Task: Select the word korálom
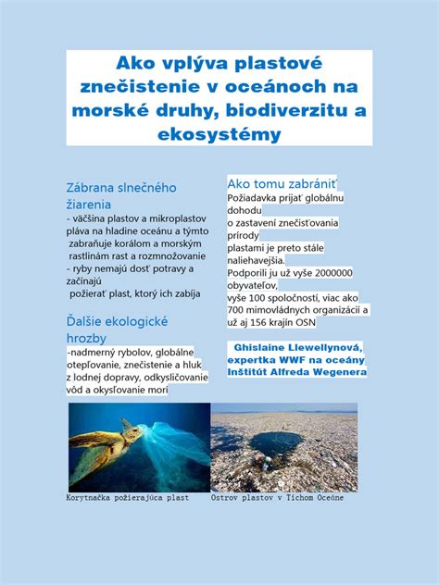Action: pos(127,242)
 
